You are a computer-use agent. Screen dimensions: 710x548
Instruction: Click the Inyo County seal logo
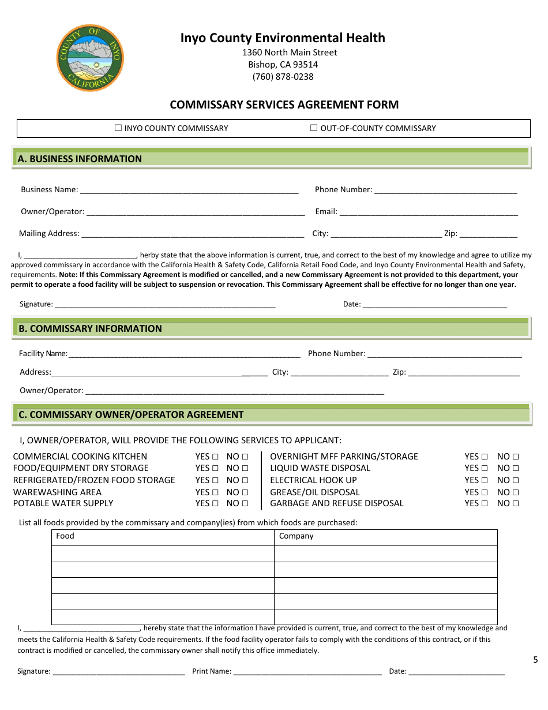click(90, 58)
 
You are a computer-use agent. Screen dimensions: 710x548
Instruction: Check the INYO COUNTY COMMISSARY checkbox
click(118, 128)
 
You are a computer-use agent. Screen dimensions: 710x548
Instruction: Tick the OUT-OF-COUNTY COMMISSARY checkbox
click(314, 128)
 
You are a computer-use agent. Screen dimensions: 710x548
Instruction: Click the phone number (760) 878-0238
click(283, 77)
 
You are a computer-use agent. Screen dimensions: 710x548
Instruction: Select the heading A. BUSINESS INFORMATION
click(80, 159)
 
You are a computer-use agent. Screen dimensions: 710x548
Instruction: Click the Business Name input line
click(189, 190)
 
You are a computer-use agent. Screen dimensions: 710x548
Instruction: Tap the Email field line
click(428, 212)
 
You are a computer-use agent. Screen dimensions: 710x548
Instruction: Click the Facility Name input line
click(183, 354)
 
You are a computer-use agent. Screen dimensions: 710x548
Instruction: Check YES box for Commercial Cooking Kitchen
click(215, 457)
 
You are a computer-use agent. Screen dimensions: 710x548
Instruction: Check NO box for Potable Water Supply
click(245, 503)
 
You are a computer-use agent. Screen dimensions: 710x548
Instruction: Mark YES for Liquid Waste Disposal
click(485, 468)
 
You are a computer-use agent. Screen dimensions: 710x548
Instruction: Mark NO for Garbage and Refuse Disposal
click(515, 503)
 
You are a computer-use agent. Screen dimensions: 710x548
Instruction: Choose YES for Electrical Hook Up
click(485, 480)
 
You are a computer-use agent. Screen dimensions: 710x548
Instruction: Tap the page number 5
click(535, 660)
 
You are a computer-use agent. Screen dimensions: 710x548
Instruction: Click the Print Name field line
click(307, 672)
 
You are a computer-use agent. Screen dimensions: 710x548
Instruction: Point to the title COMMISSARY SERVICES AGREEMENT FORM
click(284, 105)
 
